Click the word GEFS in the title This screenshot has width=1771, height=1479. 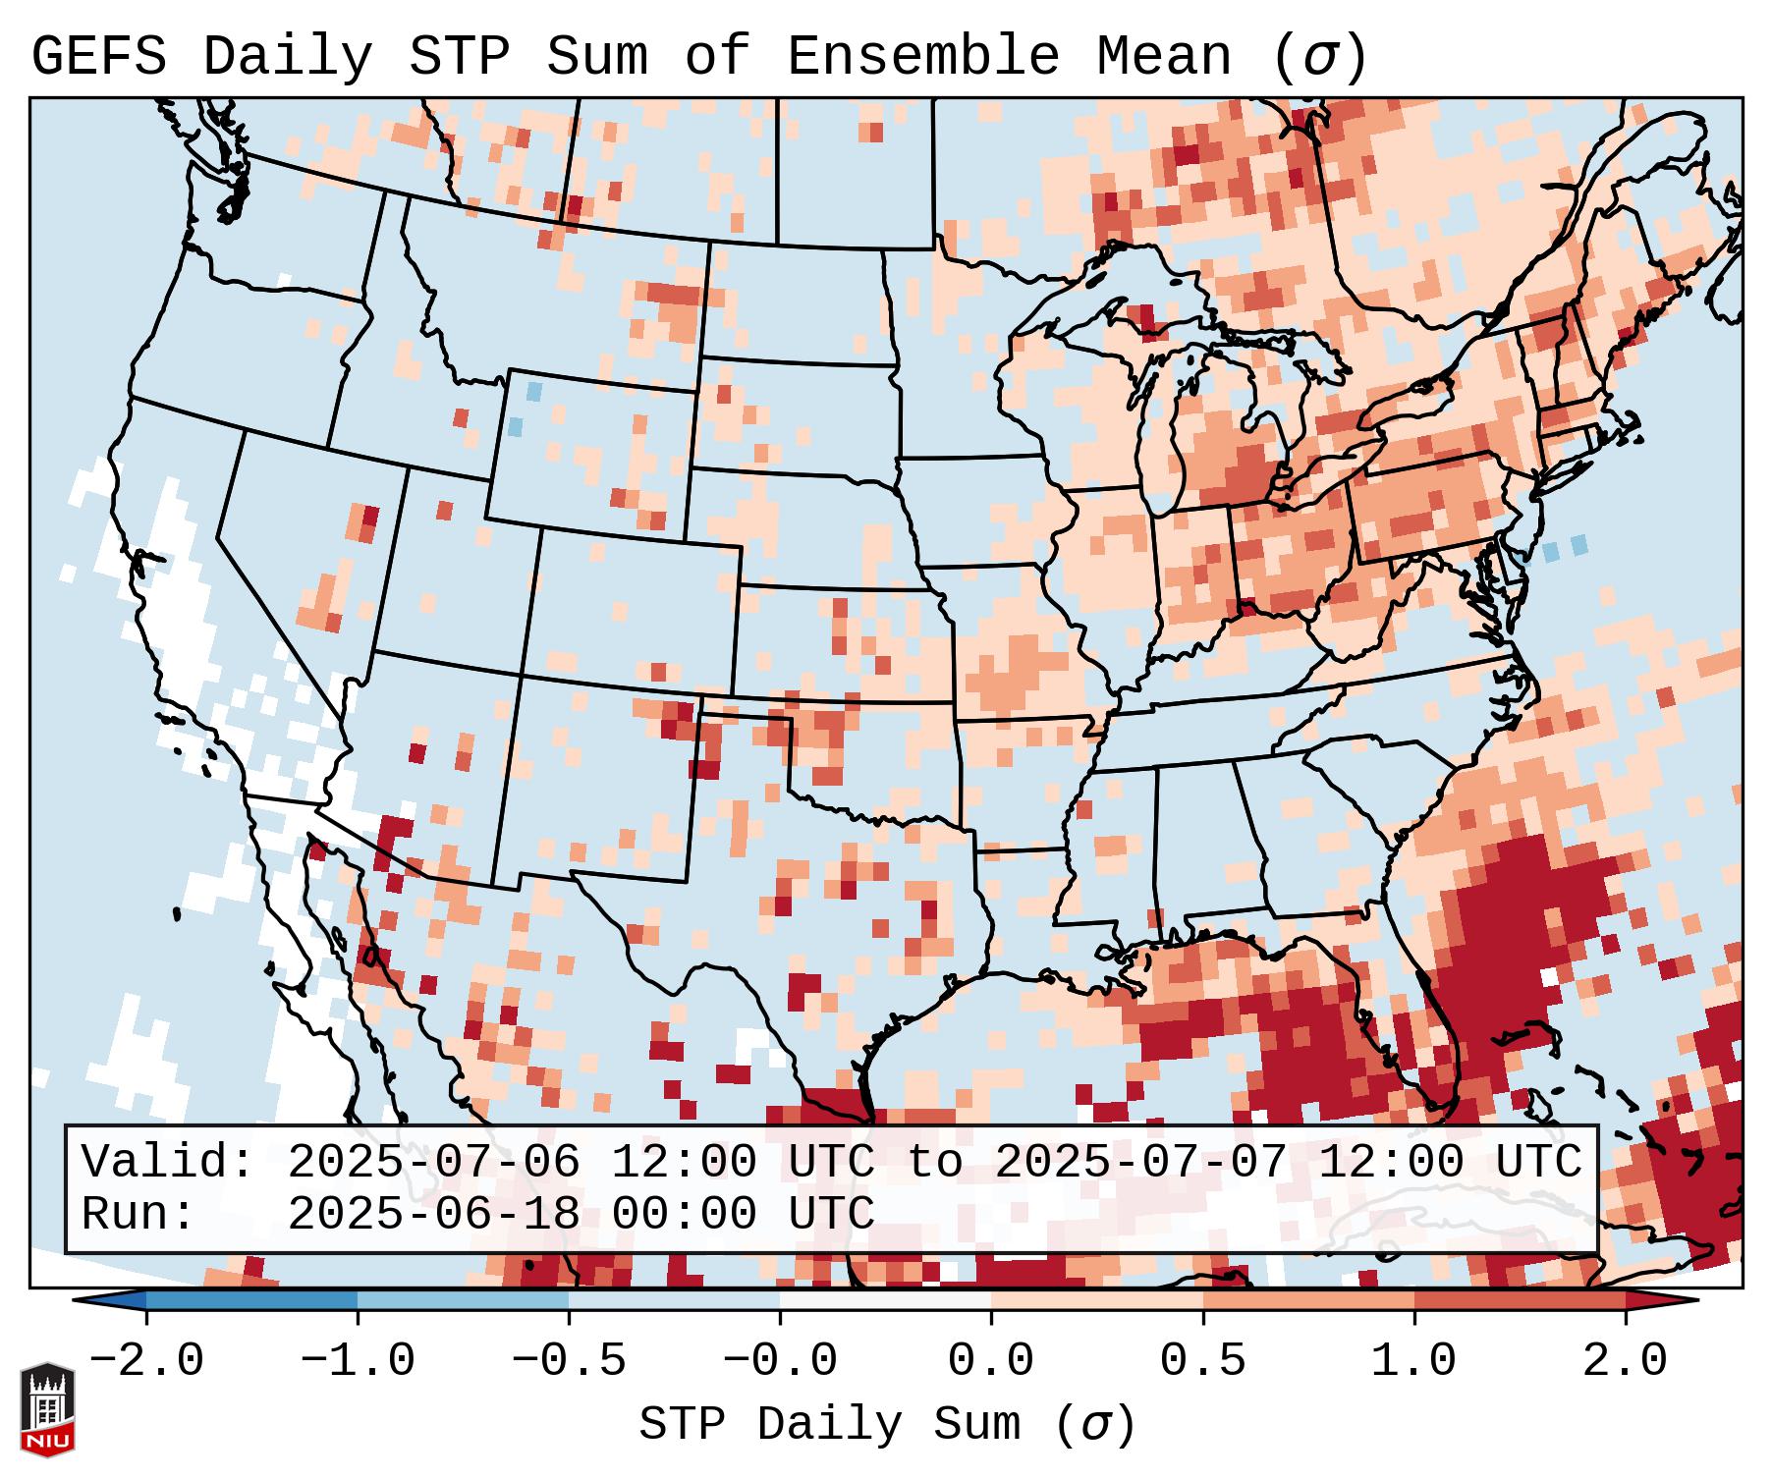tap(98, 57)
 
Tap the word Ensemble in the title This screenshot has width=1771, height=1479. tap(922, 57)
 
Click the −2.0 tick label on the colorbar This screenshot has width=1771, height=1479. tap(146, 1361)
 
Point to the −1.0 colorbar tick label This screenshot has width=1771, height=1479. tap(358, 1361)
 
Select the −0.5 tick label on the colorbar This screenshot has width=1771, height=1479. tap(569, 1361)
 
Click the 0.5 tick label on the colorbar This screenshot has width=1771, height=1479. tap(1202, 1361)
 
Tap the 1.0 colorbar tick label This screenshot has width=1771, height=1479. tap(1413, 1361)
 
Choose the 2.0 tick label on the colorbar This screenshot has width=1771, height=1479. tap(1625, 1361)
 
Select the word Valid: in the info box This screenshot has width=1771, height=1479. tap(168, 1163)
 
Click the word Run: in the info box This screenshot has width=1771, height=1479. tap(138, 1214)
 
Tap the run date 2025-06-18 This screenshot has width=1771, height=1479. tap(433, 1214)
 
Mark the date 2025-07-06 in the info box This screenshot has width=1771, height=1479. tap(433, 1163)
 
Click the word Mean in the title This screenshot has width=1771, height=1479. tap(1163, 57)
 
